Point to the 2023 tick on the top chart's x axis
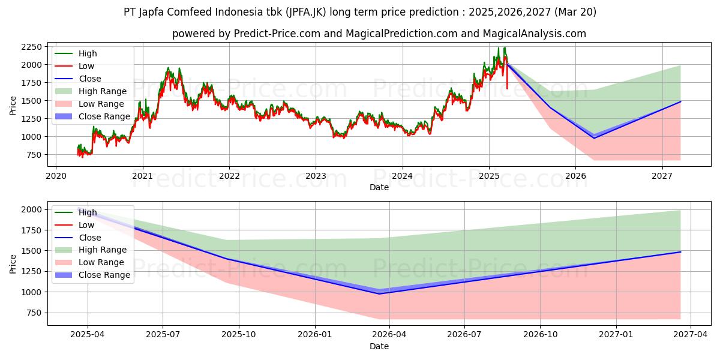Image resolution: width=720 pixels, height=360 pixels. point(316,176)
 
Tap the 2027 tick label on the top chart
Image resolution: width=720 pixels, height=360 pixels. point(662,176)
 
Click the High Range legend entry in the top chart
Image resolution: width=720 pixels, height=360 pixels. point(102,91)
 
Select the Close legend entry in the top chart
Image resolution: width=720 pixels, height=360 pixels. point(89,79)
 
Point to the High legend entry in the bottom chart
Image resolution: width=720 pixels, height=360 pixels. point(88,212)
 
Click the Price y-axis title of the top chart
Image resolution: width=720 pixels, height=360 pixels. point(13,105)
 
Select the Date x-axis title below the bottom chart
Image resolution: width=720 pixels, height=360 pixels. point(379,346)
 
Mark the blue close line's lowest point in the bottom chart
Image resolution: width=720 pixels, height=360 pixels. point(379,293)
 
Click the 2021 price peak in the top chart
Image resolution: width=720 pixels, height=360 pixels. point(169,68)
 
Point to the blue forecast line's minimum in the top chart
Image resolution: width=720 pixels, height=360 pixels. point(594,138)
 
